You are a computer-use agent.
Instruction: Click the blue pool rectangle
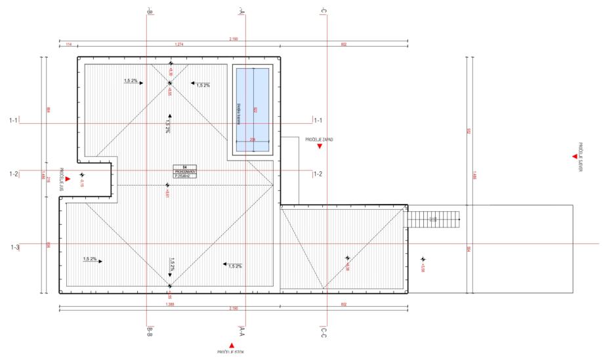point(253,110)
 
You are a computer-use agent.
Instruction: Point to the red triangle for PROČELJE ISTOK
point(231,345)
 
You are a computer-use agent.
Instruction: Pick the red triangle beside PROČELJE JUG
point(67,178)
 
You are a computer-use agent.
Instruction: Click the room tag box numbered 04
point(186,172)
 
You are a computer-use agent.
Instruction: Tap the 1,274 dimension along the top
point(178,45)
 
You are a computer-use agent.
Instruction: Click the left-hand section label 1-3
point(14,247)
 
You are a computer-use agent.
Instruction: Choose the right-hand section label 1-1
point(318,120)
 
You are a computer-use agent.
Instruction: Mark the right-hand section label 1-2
point(318,174)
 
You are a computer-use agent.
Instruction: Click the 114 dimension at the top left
point(68,45)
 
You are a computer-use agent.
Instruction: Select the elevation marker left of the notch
point(82,175)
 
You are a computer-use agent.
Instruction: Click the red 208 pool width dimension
point(253,139)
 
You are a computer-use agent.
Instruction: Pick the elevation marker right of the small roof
point(423,259)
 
